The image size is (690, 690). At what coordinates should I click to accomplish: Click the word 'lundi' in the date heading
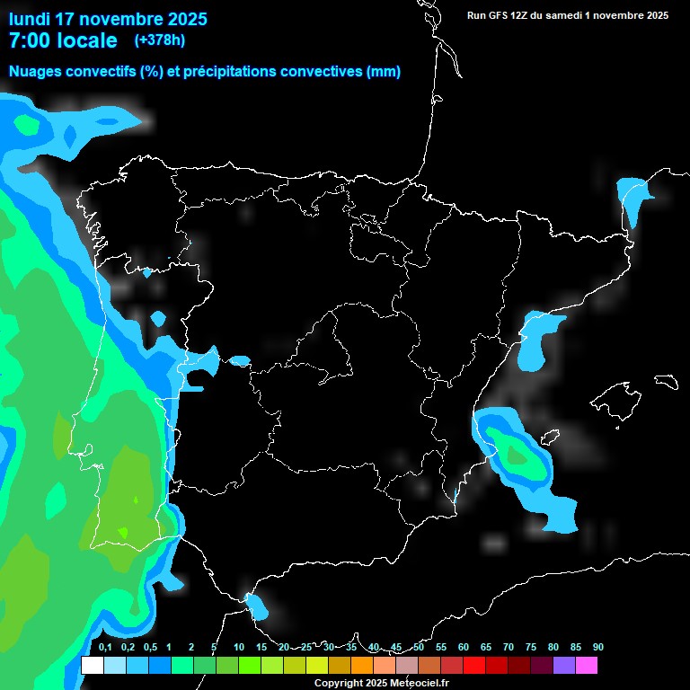[x=29, y=19]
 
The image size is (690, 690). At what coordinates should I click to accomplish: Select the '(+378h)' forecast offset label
[x=160, y=40]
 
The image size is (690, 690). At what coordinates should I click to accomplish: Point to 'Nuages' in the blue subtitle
[x=36, y=72]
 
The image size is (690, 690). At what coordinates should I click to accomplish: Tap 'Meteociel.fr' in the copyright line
[x=419, y=683]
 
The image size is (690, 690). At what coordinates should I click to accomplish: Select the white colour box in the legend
[x=92, y=666]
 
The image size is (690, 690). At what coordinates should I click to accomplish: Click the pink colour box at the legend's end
[x=587, y=666]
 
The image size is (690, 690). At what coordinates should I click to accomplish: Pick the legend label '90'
[x=598, y=647]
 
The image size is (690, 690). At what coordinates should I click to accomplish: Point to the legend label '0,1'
[x=104, y=647]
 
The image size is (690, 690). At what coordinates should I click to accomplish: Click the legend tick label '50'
[x=419, y=647]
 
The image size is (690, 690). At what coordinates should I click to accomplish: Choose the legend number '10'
[x=239, y=647]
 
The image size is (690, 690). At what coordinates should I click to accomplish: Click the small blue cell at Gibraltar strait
[x=257, y=606]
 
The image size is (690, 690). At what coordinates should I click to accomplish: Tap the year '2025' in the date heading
[x=180, y=19]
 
